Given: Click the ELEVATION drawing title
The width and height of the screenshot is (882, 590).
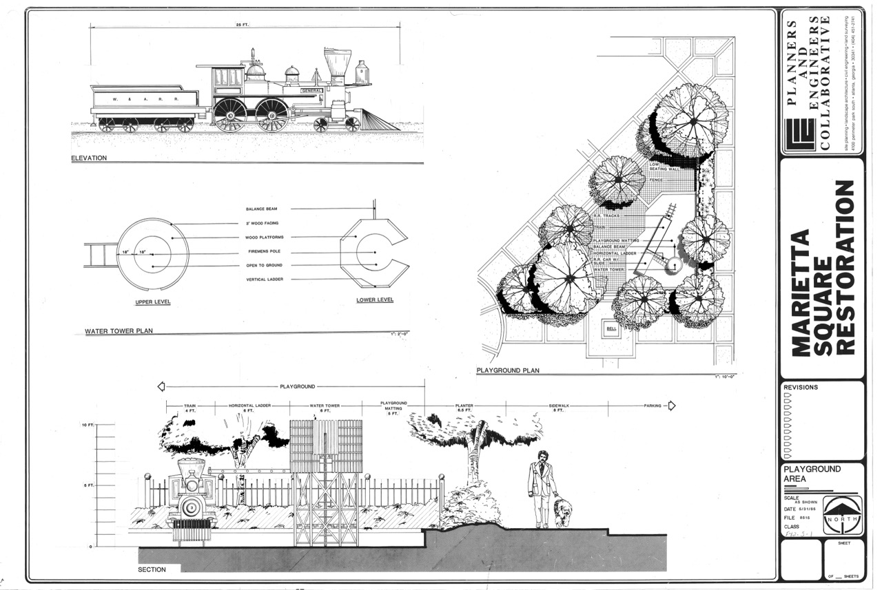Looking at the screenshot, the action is (x=89, y=158).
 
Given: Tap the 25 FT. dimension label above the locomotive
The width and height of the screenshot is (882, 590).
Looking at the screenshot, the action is (x=241, y=24).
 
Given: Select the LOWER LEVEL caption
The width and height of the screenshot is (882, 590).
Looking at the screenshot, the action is (x=375, y=300).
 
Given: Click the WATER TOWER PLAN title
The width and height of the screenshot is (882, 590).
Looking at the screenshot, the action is (x=119, y=331).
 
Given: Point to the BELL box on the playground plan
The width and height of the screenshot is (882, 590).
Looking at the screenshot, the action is (x=611, y=329).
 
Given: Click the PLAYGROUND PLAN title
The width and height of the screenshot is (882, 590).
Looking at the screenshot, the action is (x=508, y=370).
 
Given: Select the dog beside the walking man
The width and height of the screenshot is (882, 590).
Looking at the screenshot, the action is (x=562, y=513).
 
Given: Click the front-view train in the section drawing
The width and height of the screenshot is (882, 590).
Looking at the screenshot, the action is (x=192, y=499).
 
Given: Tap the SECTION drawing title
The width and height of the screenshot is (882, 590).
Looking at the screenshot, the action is (x=152, y=569).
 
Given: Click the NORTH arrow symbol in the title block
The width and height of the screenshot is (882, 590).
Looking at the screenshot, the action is (x=841, y=518).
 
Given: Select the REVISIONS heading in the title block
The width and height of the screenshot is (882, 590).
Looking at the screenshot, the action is (x=801, y=388).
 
